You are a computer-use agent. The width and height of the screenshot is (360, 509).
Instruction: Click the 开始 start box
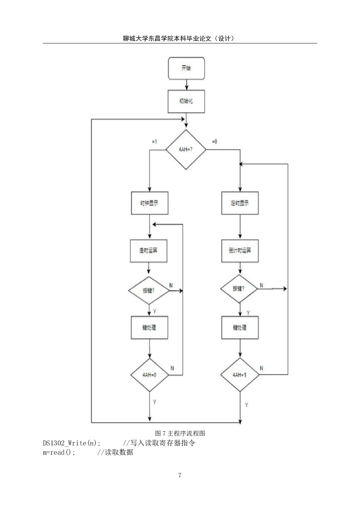click(186, 68)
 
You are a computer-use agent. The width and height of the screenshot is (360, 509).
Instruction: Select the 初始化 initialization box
click(186, 101)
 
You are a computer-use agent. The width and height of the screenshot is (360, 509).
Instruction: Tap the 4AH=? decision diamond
click(186, 149)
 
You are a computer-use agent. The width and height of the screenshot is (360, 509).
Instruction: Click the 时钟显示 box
click(150, 203)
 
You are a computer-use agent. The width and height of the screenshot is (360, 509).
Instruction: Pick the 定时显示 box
click(240, 203)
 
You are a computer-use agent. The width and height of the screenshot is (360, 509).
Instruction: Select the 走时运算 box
click(149, 251)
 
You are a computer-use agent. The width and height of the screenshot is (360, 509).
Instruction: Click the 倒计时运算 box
click(240, 251)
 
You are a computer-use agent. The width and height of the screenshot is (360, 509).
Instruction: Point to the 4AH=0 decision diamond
click(150, 375)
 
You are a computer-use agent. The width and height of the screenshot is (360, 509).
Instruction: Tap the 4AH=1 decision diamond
click(240, 375)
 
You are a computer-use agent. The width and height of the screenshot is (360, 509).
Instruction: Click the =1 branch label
click(154, 142)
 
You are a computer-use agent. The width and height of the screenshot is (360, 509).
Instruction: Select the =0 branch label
click(215, 142)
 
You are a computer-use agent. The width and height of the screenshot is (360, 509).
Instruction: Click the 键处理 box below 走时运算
click(150, 328)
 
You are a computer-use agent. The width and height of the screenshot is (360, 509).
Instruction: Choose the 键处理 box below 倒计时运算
click(240, 328)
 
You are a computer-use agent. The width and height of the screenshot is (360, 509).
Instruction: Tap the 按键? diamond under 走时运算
click(149, 290)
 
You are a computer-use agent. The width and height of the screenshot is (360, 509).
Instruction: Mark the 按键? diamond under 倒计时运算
click(239, 289)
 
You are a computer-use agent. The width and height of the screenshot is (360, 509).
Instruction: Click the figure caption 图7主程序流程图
click(180, 433)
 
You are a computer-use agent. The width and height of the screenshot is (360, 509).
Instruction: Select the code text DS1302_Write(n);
click(72, 443)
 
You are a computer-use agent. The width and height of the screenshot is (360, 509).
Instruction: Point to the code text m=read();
click(59, 452)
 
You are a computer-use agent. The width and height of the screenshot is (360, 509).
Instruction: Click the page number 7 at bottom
click(180, 475)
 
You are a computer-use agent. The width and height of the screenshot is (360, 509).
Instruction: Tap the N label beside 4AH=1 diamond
click(261, 368)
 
